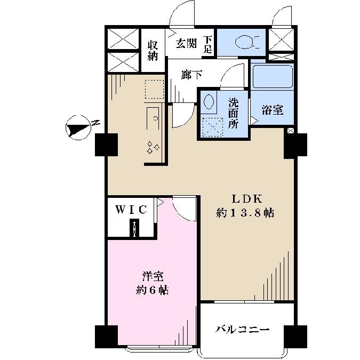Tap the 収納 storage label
coord(153,51)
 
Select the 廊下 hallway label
coord(191,76)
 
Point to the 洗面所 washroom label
coord(234,112)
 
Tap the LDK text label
coord(245,199)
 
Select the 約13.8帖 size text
coord(245,213)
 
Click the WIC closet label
coord(131,210)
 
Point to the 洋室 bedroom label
coord(153,277)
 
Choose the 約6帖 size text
coord(153,291)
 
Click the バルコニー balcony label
coord(243,329)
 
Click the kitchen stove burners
coord(153,147)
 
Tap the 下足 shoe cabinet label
coord(210,45)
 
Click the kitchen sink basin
coord(153,115)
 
